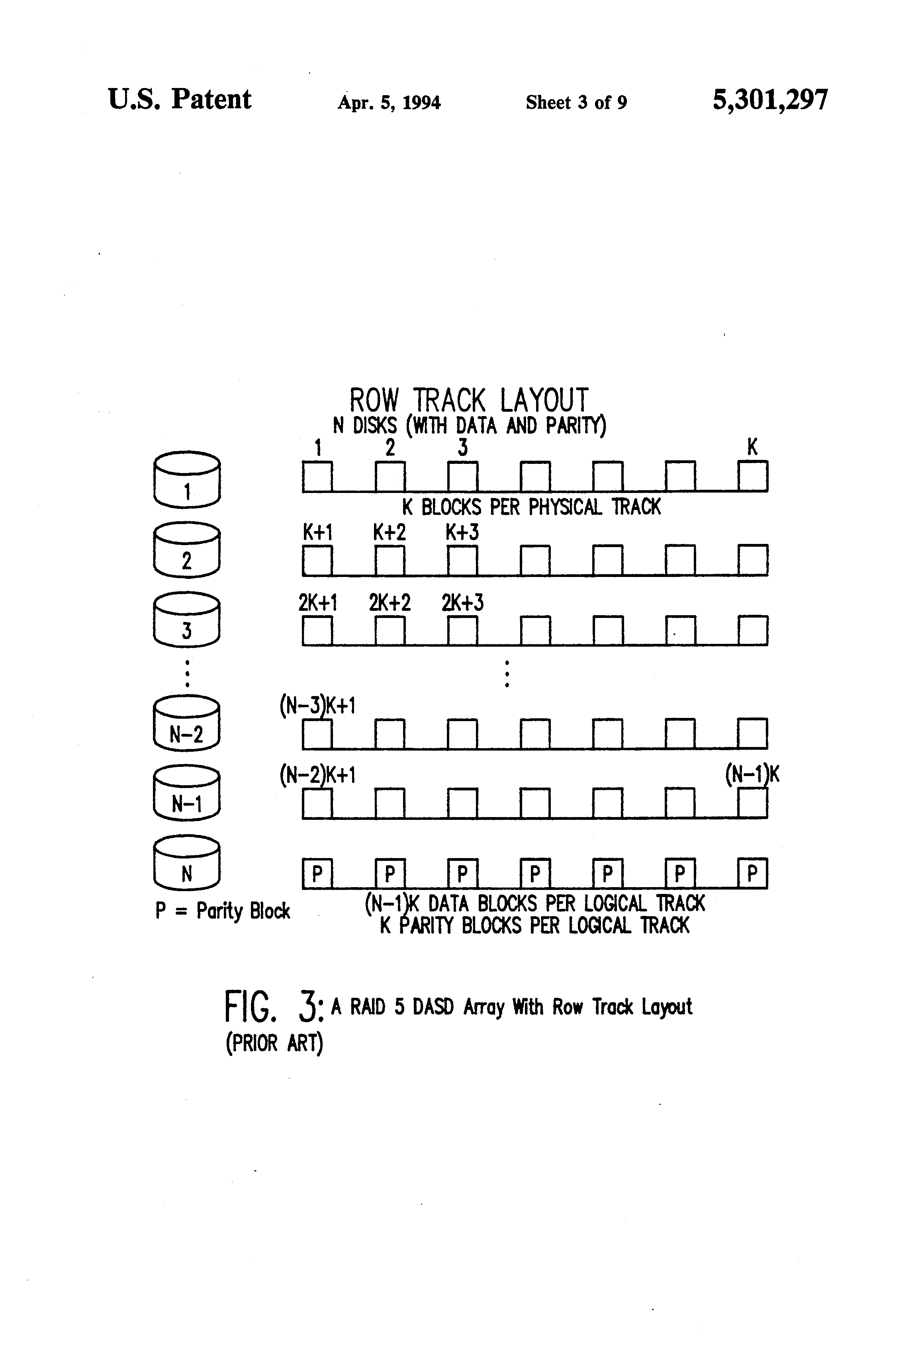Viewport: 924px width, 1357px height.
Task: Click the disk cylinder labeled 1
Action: [187, 479]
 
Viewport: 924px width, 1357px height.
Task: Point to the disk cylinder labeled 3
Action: [187, 620]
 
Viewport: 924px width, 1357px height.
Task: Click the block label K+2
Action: [389, 532]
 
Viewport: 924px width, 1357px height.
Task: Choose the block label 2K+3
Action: [462, 602]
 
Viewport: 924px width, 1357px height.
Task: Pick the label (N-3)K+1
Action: [317, 706]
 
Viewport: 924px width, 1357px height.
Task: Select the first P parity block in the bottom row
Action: [317, 874]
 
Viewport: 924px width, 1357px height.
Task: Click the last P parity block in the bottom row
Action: [752, 874]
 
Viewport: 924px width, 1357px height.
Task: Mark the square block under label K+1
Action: [317, 561]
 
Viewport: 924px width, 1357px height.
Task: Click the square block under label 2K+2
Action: [390, 631]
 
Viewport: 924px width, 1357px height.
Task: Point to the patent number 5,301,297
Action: [770, 100]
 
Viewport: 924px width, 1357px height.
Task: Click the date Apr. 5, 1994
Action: [389, 103]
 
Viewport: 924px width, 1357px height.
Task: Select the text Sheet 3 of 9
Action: [576, 103]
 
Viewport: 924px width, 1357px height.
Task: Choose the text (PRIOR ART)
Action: [274, 1043]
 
